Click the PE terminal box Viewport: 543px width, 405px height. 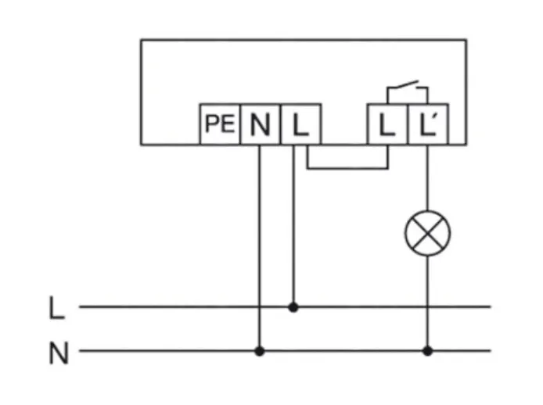220,124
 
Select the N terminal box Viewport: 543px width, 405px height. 260,124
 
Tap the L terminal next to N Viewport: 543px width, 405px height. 297,124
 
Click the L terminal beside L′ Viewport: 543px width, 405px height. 387,124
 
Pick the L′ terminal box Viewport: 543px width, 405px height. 427,124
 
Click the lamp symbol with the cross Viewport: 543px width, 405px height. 427,235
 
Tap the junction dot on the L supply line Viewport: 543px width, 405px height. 293,307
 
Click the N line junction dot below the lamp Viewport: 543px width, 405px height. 427,351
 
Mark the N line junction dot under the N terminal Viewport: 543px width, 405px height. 260,351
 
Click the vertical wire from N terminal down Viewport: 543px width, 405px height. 260,235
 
